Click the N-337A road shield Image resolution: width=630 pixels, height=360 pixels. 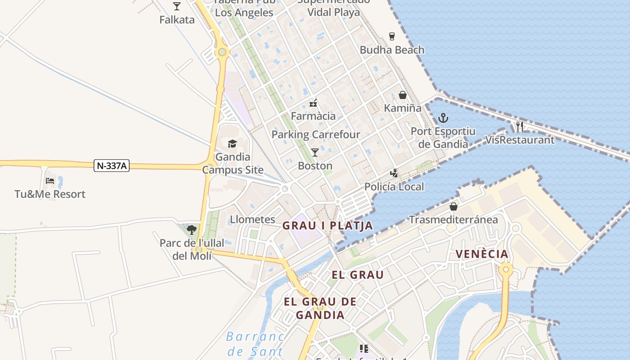pos(112,166)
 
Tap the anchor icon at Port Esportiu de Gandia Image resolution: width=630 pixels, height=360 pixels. pos(443,118)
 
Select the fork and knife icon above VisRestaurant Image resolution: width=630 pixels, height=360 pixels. pos(520,126)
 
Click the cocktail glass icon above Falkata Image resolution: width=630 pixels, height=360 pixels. pos(177,6)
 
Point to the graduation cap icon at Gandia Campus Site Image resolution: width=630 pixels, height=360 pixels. pos(232,144)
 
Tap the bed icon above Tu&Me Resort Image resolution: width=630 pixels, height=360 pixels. pos(50,181)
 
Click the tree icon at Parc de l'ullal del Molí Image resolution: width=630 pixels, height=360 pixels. pos(192,230)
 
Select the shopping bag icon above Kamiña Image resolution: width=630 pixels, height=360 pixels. pos(403,95)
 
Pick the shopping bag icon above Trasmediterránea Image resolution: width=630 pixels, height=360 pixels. pos(453,207)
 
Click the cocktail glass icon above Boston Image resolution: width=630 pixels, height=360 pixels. pos(315,153)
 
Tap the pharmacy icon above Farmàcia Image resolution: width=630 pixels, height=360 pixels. pos(313,103)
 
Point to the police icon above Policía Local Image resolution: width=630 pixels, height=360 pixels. pos(394,173)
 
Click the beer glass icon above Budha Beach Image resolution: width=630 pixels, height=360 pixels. pos(392,36)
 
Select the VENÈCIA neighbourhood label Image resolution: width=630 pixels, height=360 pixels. pos(482,254)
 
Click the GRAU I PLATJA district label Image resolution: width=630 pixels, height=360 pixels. pos(328,225)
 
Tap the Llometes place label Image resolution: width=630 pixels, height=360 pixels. pos(252,220)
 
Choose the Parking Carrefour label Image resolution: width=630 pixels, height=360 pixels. pos(316,135)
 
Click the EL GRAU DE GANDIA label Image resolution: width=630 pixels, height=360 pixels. pos(320,308)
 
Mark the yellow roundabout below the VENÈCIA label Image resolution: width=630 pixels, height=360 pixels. pos(506,270)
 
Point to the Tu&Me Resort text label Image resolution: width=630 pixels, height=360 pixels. pos(50,194)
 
